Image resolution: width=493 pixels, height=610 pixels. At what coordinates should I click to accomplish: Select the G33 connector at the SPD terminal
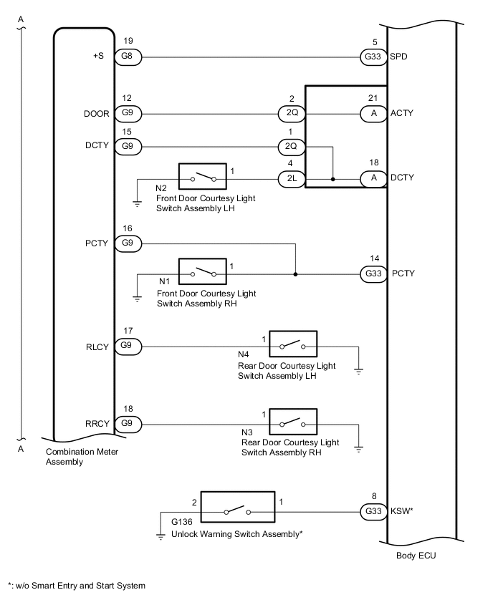(x=372, y=56)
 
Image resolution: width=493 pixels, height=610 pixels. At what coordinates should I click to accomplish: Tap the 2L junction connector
(x=291, y=178)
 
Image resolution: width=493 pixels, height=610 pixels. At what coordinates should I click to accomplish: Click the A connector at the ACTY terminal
(x=372, y=113)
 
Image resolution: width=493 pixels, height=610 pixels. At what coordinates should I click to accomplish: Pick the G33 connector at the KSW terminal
(x=372, y=511)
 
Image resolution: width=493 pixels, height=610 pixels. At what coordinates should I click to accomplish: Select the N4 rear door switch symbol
(x=293, y=347)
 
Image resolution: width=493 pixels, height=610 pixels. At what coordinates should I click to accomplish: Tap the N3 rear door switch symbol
(x=293, y=422)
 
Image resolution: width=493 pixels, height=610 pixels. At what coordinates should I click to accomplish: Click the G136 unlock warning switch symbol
(x=237, y=511)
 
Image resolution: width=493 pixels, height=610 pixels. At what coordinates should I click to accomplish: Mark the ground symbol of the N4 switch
(x=359, y=371)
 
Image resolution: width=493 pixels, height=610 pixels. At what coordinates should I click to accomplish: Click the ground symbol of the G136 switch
(x=161, y=536)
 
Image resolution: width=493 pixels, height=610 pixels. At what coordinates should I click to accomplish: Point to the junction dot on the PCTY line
(x=295, y=273)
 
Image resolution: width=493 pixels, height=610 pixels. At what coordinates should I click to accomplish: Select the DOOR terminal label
(x=97, y=113)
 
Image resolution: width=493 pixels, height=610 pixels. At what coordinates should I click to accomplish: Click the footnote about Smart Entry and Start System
(x=77, y=586)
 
